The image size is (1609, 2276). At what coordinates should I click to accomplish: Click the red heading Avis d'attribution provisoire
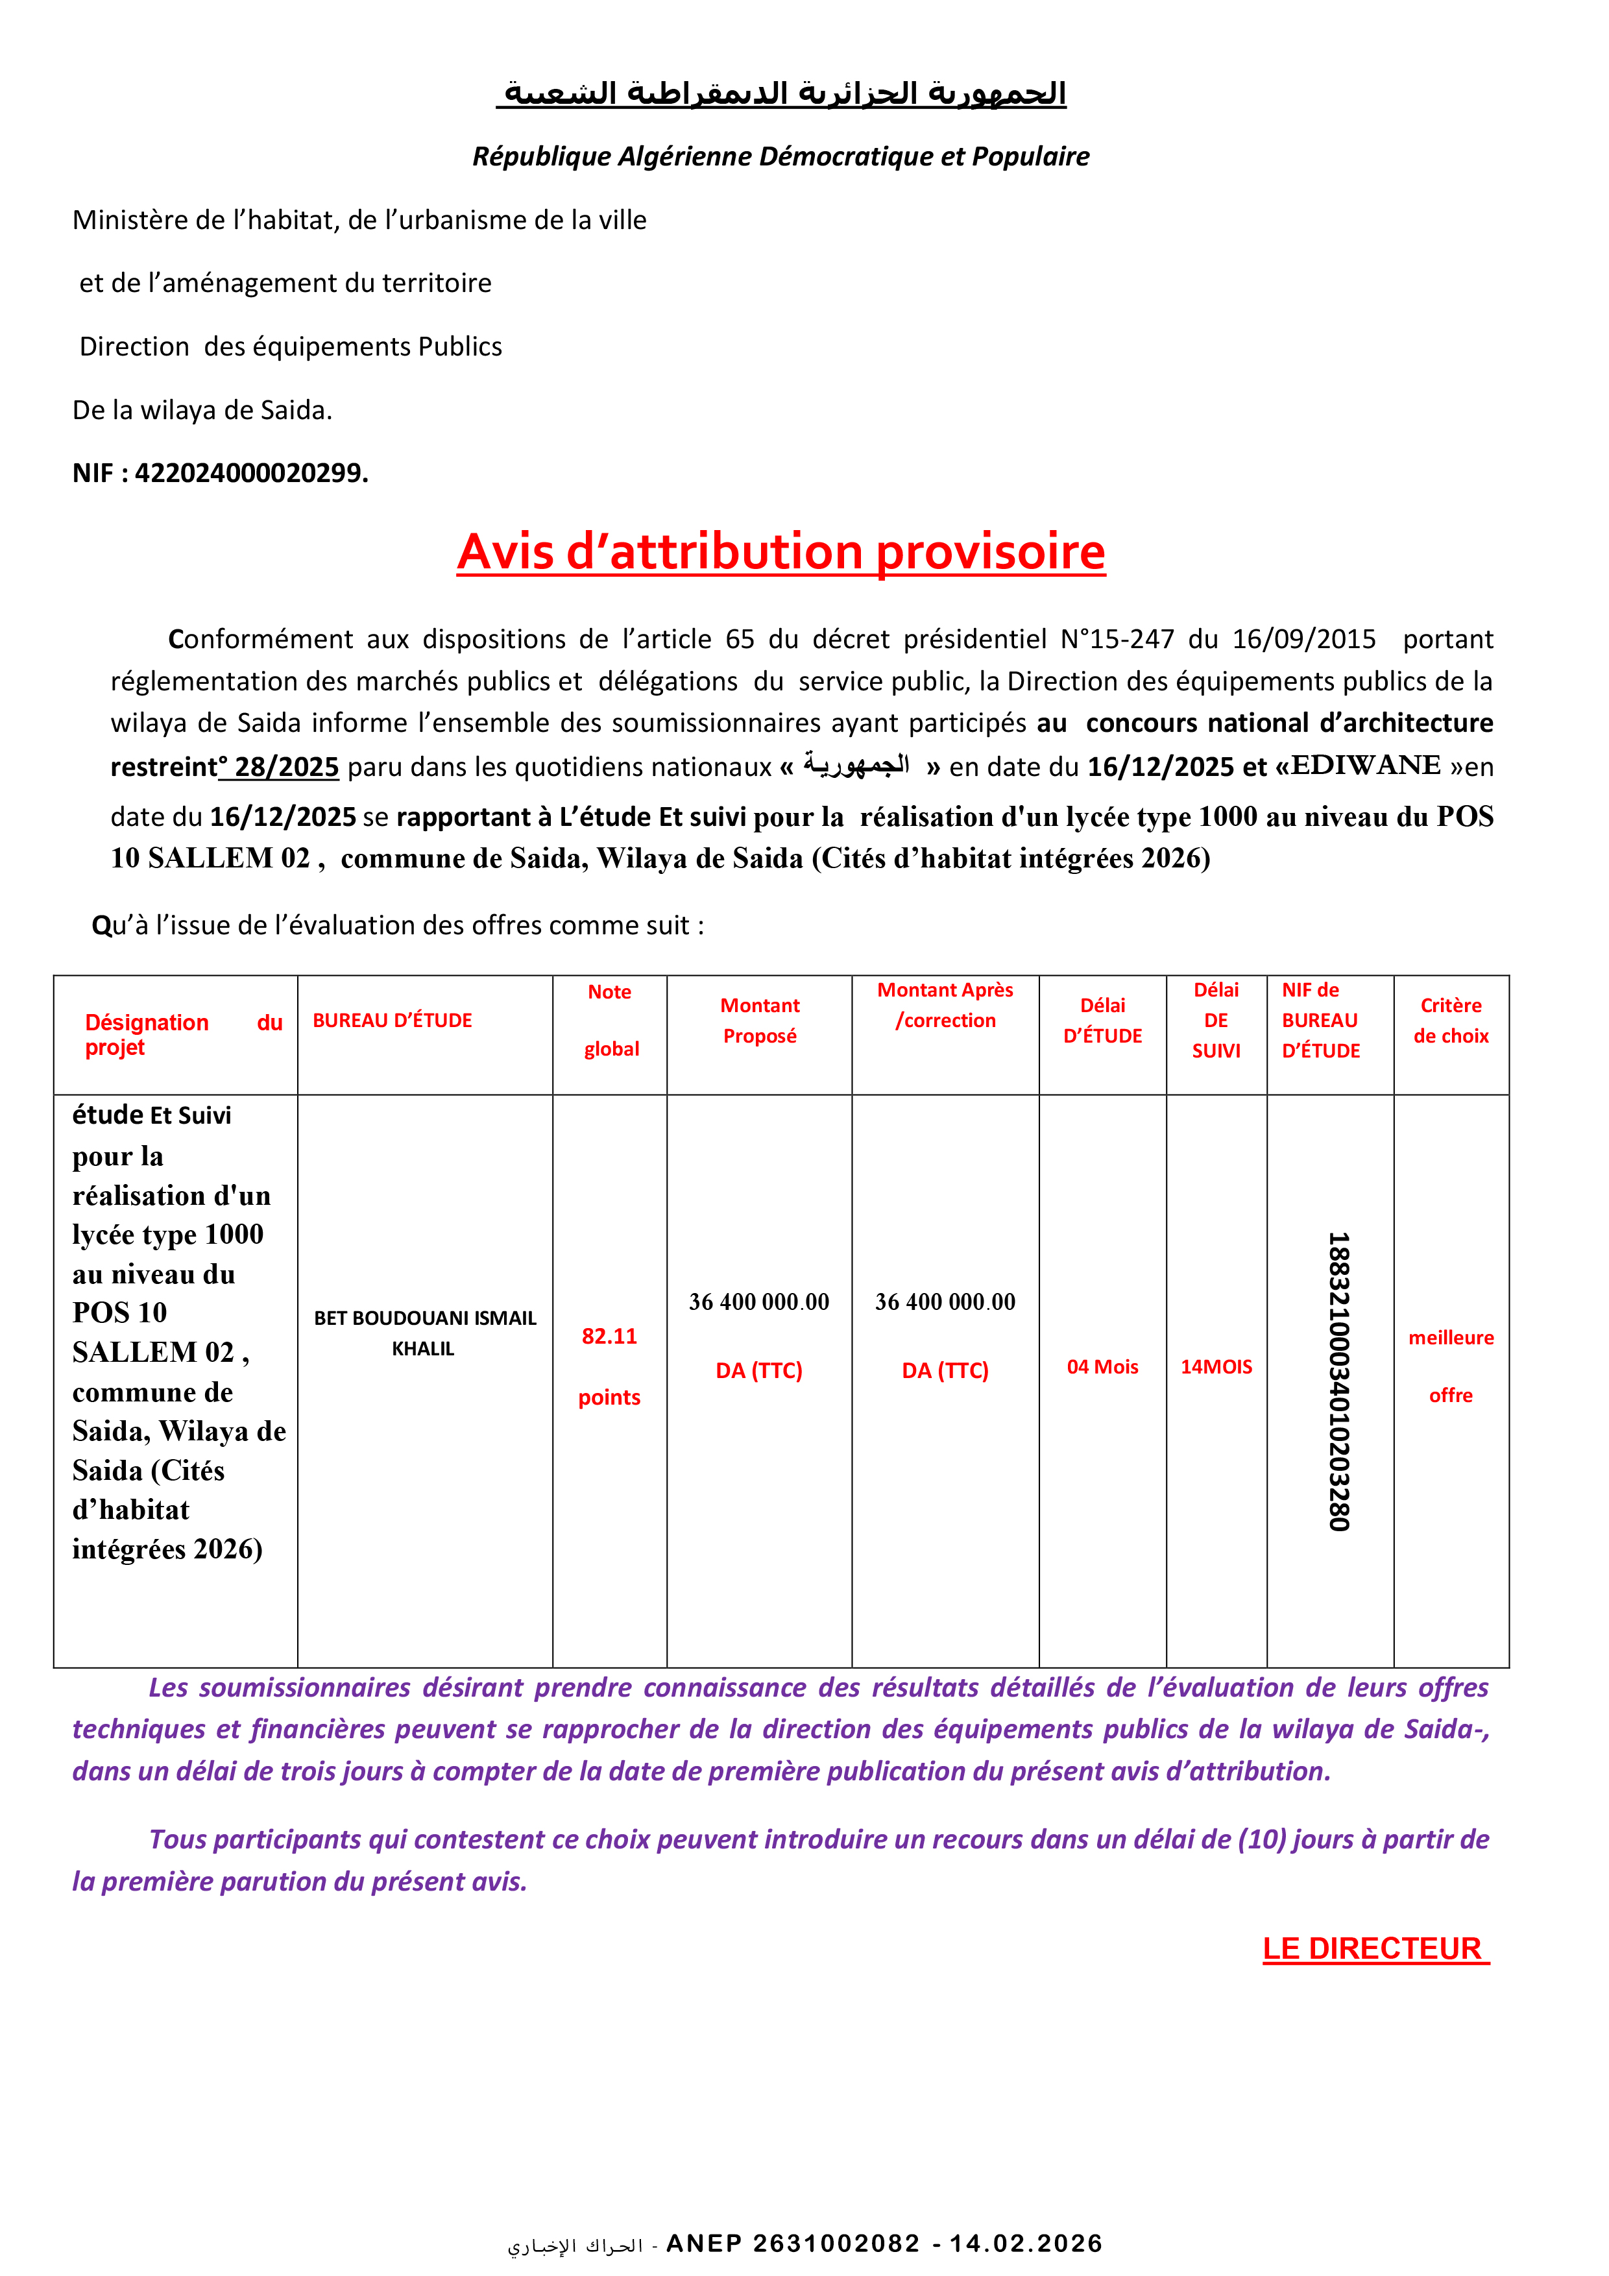pos(780,552)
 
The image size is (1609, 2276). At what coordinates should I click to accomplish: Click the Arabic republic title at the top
pos(781,94)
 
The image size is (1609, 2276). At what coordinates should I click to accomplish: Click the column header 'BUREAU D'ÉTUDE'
pos(392,1020)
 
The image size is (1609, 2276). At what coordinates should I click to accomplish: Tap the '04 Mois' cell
pos(1102,1367)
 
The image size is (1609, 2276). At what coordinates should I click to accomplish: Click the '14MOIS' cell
pos(1216,1367)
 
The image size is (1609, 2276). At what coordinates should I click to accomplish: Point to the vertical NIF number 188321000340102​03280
pos(1338,1382)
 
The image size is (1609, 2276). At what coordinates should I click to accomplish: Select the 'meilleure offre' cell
pos(1451,1365)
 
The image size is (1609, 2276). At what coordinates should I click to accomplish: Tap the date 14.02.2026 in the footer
pos(1026,2244)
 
